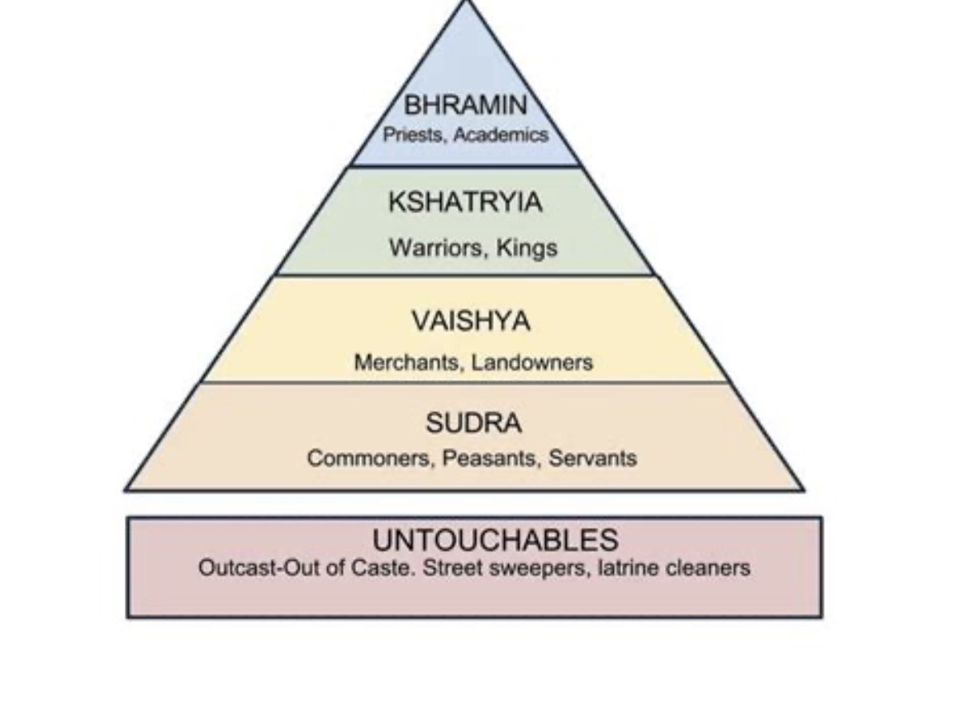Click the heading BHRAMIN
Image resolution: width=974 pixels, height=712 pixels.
pyautogui.click(x=465, y=104)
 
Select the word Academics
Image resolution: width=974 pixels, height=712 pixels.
pyautogui.click(x=501, y=135)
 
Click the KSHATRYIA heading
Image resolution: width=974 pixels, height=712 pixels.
pyautogui.click(x=465, y=202)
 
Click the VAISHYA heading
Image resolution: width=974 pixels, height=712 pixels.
pyautogui.click(x=471, y=321)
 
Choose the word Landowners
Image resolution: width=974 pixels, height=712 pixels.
pyautogui.click(x=532, y=363)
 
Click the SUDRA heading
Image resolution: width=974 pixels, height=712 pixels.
pyautogui.click(x=473, y=423)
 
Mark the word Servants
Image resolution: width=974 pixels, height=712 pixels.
pyautogui.click(x=592, y=458)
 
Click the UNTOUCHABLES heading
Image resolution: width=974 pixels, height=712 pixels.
pyautogui.click(x=495, y=540)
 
